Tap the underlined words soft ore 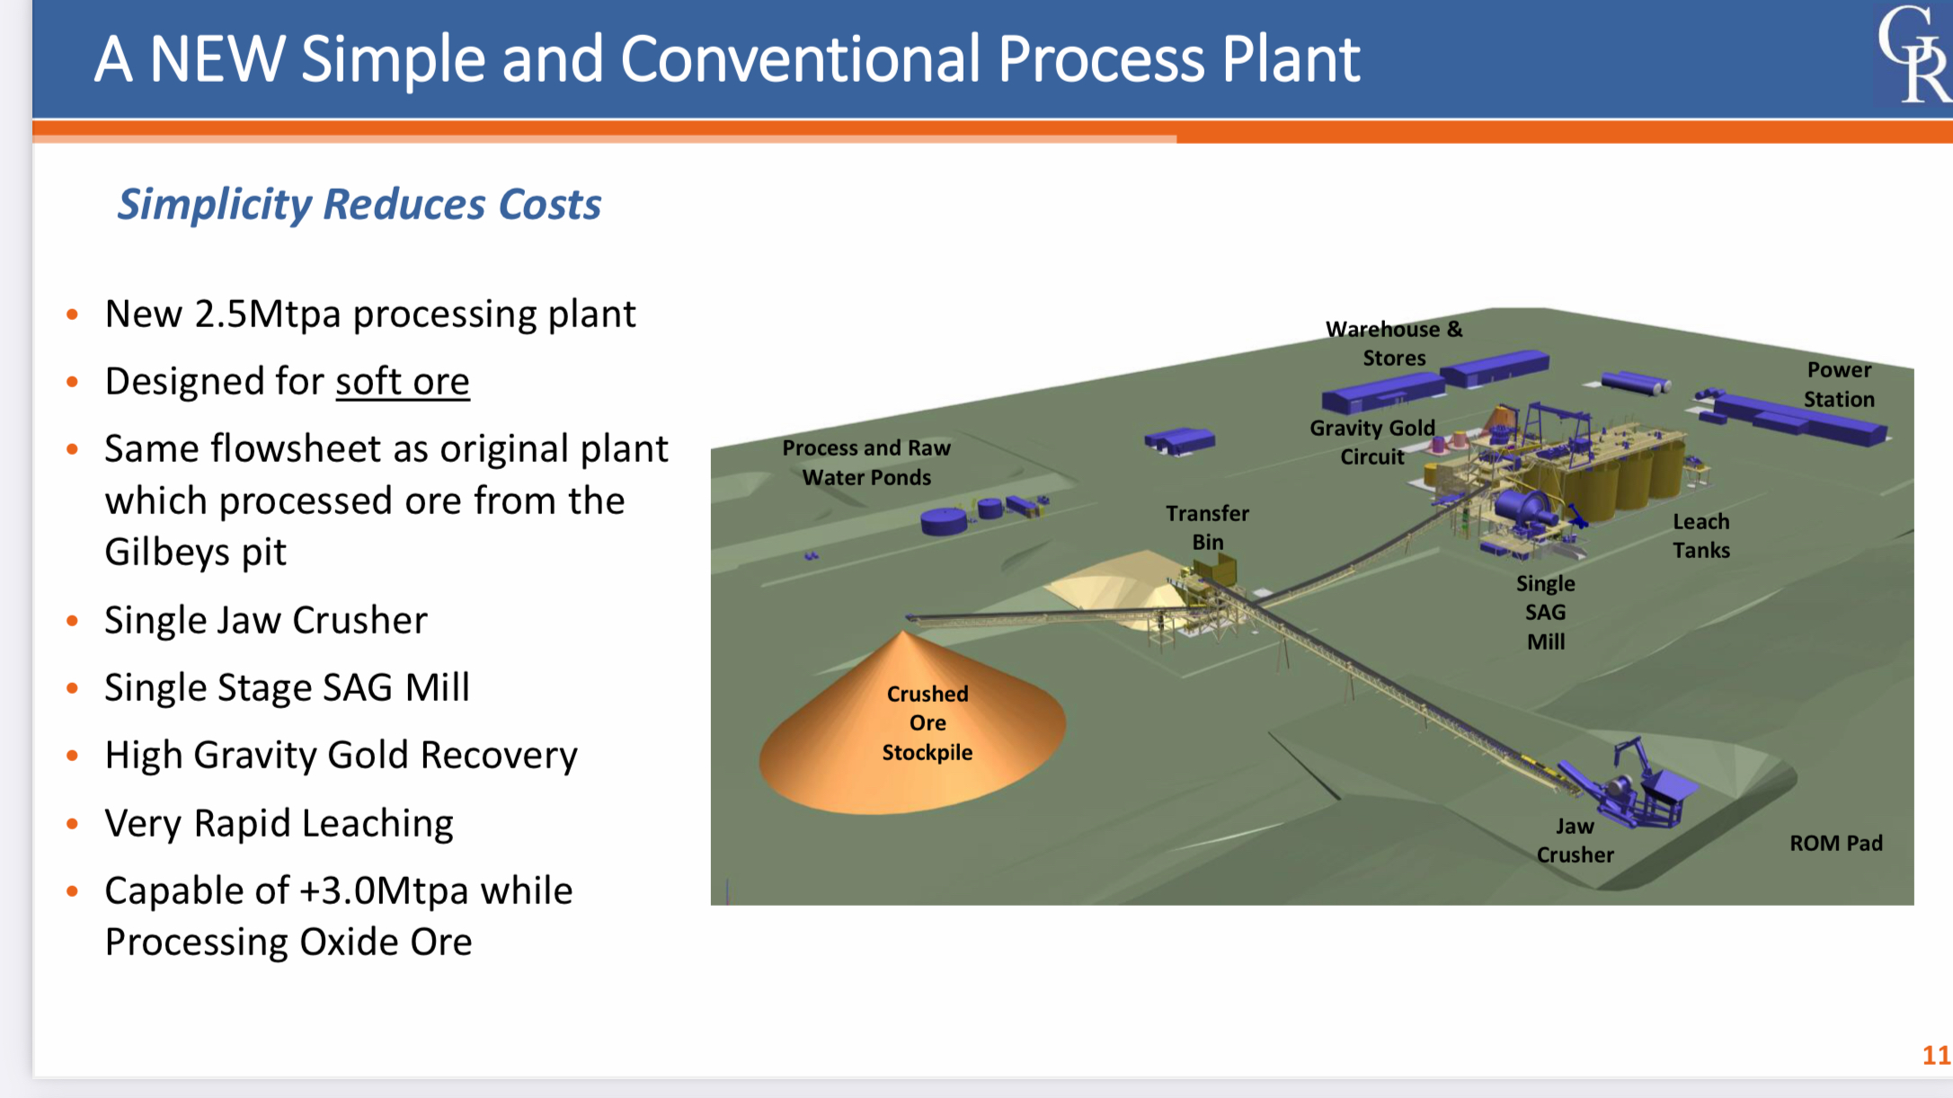tap(403, 382)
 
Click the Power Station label tap(1839, 385)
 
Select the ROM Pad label tap(1835, 843)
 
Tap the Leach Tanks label tap(1700, 536)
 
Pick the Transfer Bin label tap(1207, 527)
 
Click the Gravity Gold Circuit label tap(1372, 442)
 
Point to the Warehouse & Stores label tap(1394, 343)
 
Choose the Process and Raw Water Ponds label tap(866, 463)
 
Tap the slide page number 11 tap(1936, 1055)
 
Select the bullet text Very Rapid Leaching tap(279, 823)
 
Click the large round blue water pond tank tap(943, 520)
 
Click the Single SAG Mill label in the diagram tap(1545, 613)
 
